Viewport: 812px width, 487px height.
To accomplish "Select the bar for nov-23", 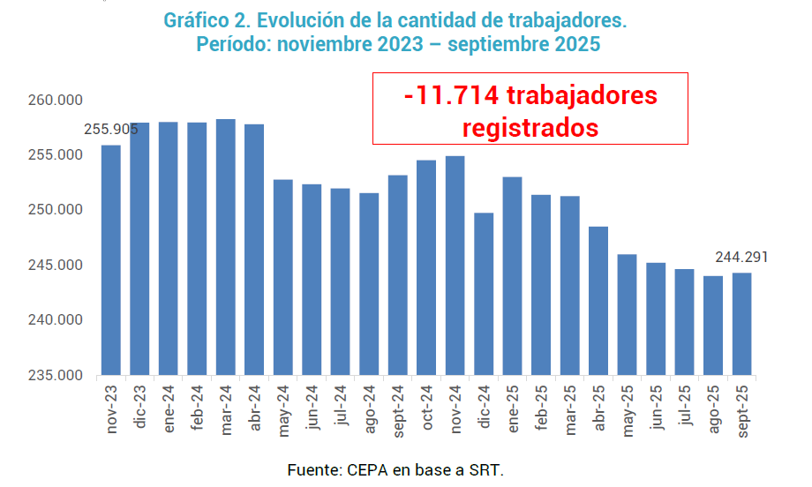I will pos(111,260).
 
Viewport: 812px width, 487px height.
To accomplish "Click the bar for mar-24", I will pos(226,247).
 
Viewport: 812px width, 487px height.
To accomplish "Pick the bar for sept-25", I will pos(741,324).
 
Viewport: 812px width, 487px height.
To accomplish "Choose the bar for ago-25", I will pos(713,326).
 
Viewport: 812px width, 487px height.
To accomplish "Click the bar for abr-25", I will pos(598,301).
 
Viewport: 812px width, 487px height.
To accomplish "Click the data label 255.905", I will pos(111,130).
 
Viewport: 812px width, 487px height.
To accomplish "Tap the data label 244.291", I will pos(741,258).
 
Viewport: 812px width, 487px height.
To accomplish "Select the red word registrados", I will pos(530,127).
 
